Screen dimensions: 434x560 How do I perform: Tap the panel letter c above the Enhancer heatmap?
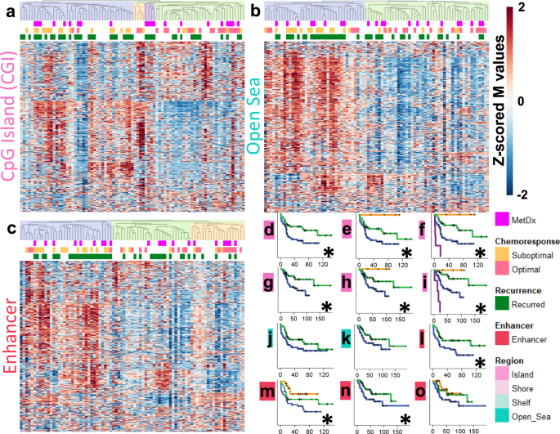coord(7,229)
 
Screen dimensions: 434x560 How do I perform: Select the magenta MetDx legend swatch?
coord(504,220)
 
